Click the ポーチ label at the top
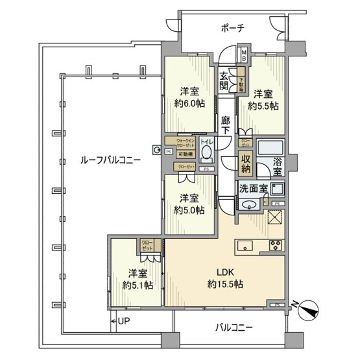pos(232,28)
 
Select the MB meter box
pos(244,54)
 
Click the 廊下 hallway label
pos(225,125)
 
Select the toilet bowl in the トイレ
pos(207,153)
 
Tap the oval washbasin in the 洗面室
pos(248,205)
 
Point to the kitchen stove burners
pos(275,245)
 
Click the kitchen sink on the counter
pos(248,245)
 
